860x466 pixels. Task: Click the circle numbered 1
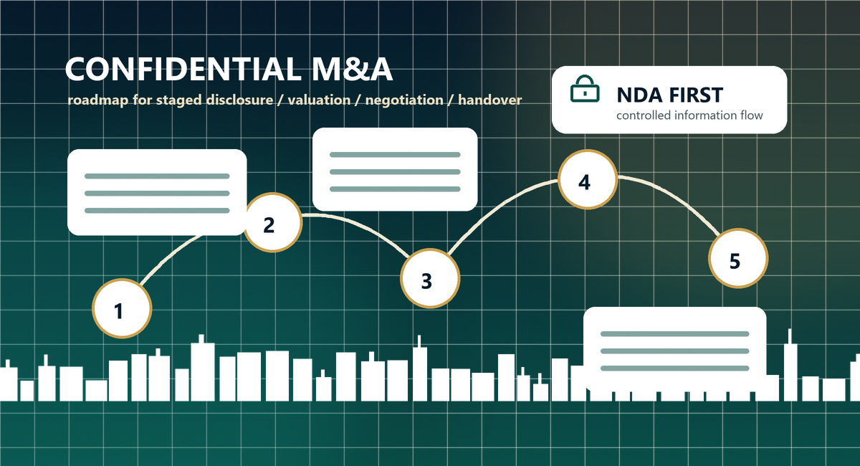tap(122, 308)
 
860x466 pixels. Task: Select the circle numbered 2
tap(272, 222)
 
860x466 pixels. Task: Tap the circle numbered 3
tap(430, 278)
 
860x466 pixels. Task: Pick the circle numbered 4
tap(588, 179)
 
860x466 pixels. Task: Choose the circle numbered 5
tap(738, 258)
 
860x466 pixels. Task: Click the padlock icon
tap(585, 89)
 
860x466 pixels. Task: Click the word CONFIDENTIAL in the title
tap(183, 69)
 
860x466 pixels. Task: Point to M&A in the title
tap(352, 69)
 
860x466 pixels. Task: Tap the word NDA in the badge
tap(639, 95)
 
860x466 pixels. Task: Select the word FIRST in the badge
tap(696, 95)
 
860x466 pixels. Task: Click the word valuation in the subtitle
tap(319, 100)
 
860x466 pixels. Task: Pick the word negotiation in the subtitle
tap(404, 100)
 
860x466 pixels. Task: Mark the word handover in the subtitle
tap(490, 100)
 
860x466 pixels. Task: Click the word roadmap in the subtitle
tap(97, 100)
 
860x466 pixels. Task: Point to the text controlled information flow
tap(689, 115)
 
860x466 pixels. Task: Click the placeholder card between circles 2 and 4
tap(395, 169)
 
